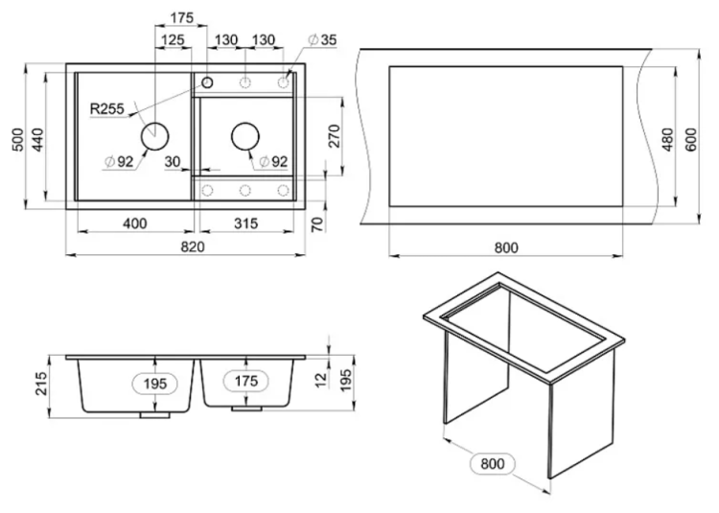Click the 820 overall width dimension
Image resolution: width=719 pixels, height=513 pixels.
pyautogui.click(x=193, y=246)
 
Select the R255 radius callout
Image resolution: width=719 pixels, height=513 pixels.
pyautogui.click(x=106, y=108)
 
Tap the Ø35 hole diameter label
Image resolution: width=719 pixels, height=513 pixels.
pyautogui.click(x=323, y=40)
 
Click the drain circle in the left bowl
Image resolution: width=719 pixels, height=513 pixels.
pyautogui.click(x=154, y=136)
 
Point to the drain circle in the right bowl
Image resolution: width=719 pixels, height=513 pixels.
pyautogui.click(x=245, y=136)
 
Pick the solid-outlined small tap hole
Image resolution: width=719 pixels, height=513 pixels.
pyautogui.click(x=207, y=82)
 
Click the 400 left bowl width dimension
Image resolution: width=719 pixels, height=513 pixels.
pyautogui.click(x=135, y=223)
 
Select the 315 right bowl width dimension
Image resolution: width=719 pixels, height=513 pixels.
pyautogui.click(x=246, y=223)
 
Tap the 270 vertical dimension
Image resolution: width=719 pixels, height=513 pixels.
pyautogui.click(x=335, y=136)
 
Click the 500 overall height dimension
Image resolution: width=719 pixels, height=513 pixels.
pyautogui.click(x=17, y=140)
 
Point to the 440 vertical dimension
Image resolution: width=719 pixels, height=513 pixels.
pyautogui.click(x=37, y=140)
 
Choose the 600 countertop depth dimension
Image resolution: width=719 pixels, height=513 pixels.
pyautogui.click(x=690, y=139)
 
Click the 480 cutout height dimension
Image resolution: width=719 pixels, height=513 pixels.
pyautogui.click(x=668, y=139)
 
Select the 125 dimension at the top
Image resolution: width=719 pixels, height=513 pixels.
pyautogui.click(x=173, y=40)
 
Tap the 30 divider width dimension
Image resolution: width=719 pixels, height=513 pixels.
pyautogui.click(x=173, y=161)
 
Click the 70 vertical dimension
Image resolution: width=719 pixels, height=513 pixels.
pyautogui.click(x=317, y=224)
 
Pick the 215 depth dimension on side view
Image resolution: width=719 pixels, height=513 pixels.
pyautogui.click(x=41, y=384)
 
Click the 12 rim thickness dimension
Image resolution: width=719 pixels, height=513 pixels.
pyautogui.click(x=322, y=379)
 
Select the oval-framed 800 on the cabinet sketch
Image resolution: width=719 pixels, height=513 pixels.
pyautogui.click(x=493, y=464)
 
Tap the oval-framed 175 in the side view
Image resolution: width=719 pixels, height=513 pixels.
pyautogui.click(x=246, y=381)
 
